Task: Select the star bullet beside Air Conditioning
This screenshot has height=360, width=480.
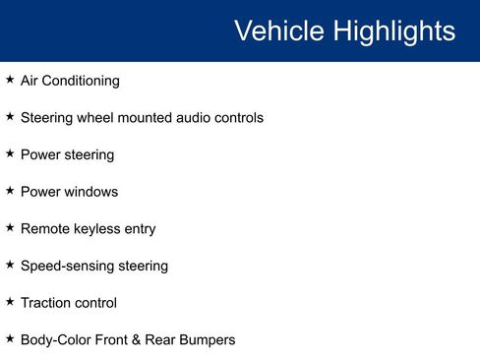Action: click(x=10, y=80)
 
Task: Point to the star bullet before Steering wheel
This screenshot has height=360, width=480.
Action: click(x=10, y=117)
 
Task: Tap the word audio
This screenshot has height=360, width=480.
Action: click(x=195, y=118)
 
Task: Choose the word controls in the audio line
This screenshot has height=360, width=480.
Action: click(x=240, y=118)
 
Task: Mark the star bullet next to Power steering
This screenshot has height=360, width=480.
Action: click(x=10, y=154)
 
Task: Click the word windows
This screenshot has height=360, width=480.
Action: click(x=91, y=192)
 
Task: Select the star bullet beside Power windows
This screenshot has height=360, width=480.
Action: click(x=10, y=191)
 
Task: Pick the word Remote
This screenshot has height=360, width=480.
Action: click(x=44, y=229)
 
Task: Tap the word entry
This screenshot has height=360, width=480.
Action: click(x=140, y=229)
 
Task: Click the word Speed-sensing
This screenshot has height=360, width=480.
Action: click(x=65, y=267)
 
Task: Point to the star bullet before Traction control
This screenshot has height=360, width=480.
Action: click(x=10, y=302)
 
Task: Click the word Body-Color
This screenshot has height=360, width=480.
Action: click(x=55, y=340)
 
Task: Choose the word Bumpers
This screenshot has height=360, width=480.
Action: click(x=208, y=340)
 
